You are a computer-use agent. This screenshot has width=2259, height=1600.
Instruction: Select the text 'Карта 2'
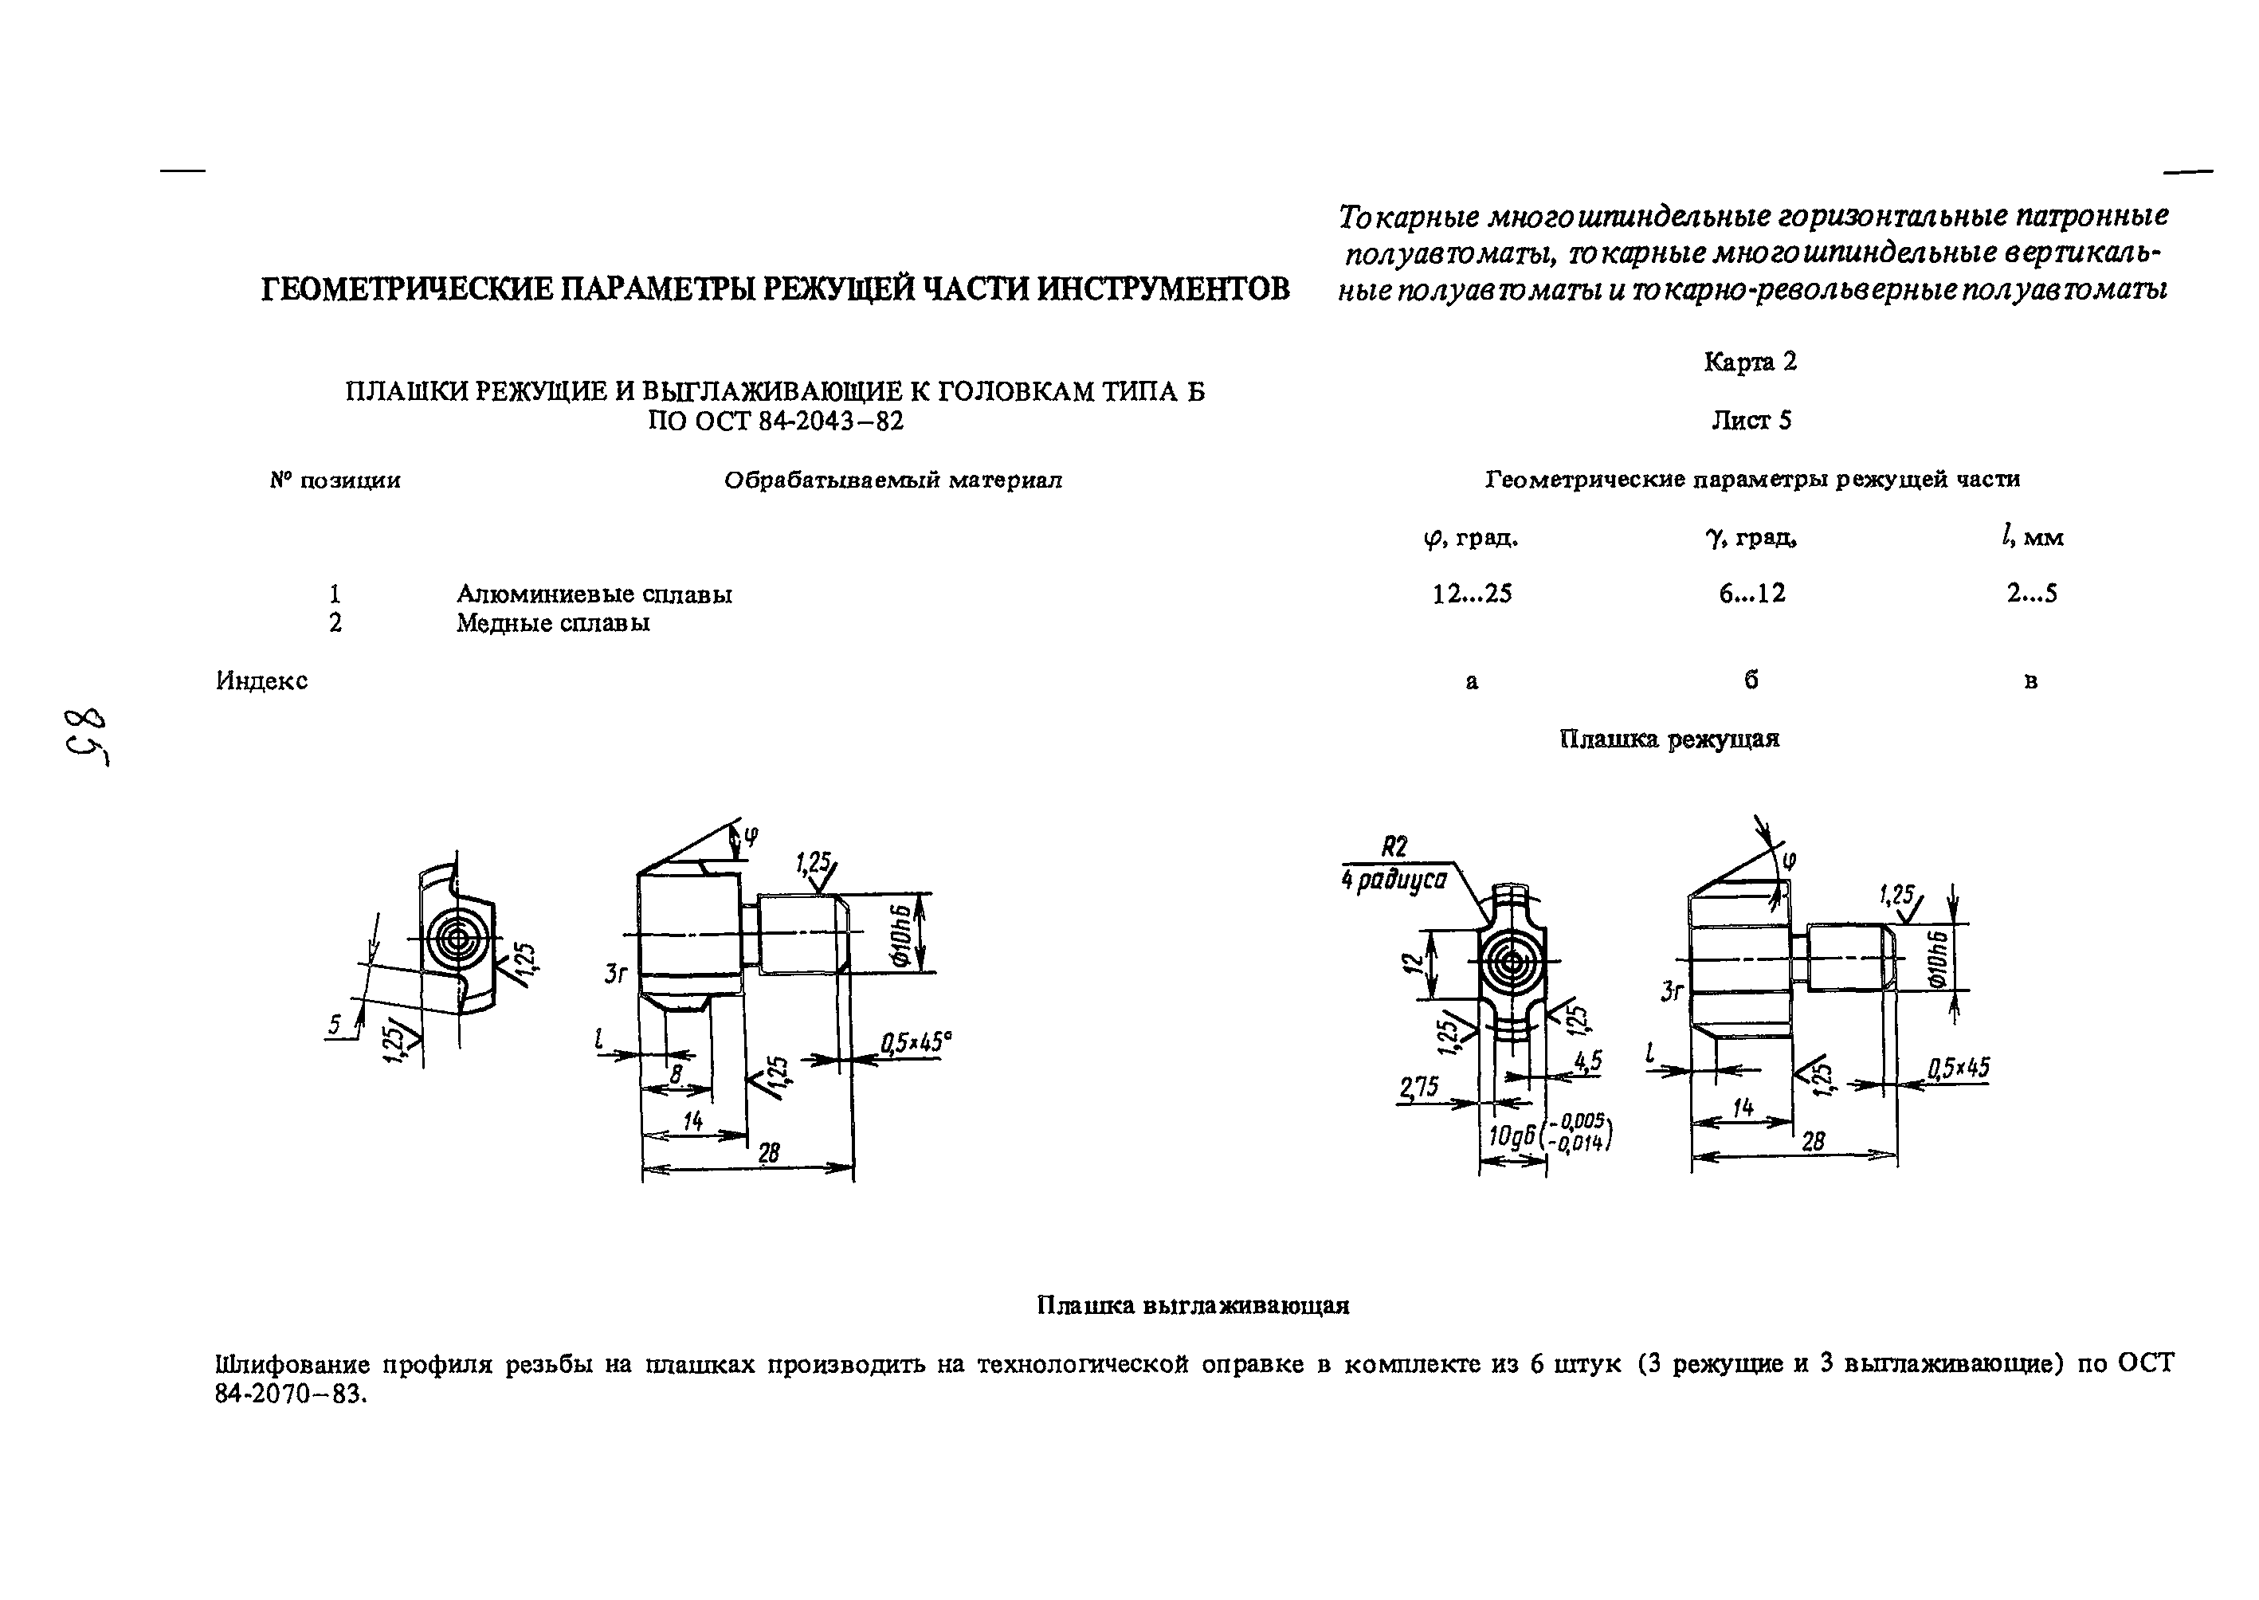click(1750, 363)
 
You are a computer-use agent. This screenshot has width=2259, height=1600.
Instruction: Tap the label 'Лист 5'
click(1751, 421)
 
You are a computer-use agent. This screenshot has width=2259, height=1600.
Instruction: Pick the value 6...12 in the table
click(1751, 593)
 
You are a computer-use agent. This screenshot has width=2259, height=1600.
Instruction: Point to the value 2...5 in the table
click(2031, 593)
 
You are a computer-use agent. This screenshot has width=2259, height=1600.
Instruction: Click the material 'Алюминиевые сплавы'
click(594, 594)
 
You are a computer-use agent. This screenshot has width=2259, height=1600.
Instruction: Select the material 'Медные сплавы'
click(553, 622)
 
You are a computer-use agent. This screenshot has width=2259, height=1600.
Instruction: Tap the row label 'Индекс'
click(261, 680)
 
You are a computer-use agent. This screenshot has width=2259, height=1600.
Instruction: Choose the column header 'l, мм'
click(2031, 538)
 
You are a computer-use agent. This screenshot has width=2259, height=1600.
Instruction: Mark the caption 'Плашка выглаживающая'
click(1192, 1305)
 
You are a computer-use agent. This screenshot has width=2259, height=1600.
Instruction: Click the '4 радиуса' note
click(1393, 880)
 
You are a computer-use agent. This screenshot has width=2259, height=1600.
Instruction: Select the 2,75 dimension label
click(1418, 1087)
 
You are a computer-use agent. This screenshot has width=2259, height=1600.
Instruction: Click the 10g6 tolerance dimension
click(1547, 1135)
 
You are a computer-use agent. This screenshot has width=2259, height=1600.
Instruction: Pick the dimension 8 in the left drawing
click(676, 1075)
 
